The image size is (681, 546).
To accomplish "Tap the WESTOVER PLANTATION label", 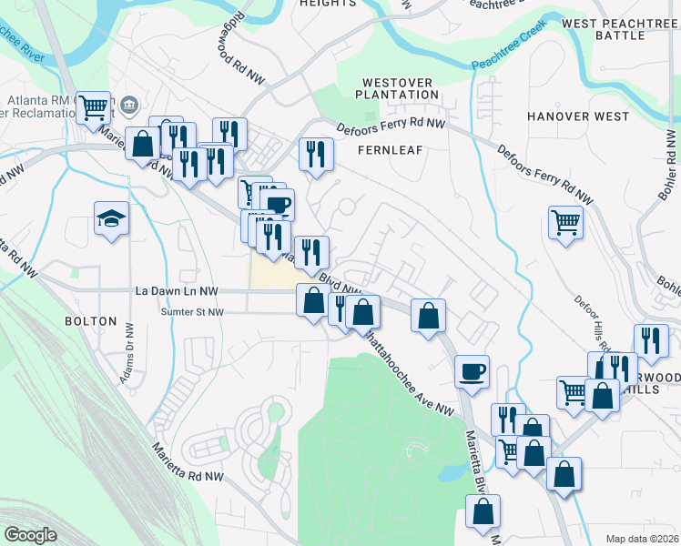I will coord(397,88).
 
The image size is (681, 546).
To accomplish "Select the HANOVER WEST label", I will coord(578,116).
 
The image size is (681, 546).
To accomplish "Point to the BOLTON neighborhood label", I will coord(91,321).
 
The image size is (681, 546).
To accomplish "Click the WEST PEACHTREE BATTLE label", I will coord(620,29).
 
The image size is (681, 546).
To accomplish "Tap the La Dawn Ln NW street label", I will coord(177,291).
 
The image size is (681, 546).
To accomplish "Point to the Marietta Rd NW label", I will coord(188,463).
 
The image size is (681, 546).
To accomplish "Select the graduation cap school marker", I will coord(111,218).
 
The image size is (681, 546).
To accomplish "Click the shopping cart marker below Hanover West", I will coord(565,221).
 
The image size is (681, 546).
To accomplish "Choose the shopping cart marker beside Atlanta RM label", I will coord(94,107).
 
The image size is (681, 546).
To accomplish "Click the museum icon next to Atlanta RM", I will coord(129,105).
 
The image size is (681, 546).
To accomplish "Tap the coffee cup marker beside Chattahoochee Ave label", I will coord(472,371).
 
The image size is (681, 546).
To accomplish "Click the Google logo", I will coord(31,534).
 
